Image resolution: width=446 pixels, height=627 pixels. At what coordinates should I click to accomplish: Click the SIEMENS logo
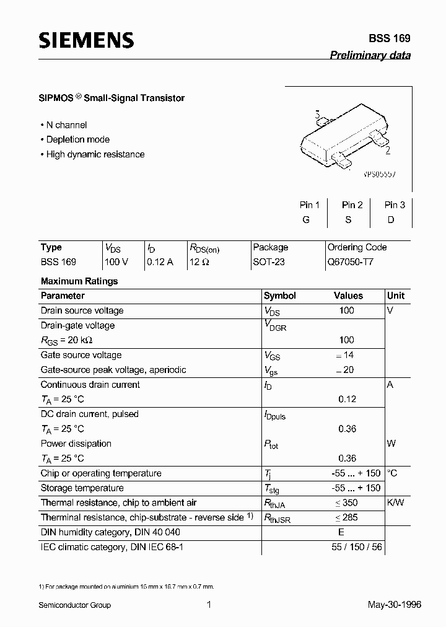point(86,40)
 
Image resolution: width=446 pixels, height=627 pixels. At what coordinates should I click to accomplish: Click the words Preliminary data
point(370,55)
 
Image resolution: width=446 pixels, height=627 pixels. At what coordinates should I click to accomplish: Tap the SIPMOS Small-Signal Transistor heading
point(112,98)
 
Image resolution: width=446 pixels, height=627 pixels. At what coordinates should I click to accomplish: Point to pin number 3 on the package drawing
point(317,115)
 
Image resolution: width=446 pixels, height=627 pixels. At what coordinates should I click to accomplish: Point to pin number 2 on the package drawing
point(387,150)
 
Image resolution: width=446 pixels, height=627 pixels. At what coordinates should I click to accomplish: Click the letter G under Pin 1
point(306,220)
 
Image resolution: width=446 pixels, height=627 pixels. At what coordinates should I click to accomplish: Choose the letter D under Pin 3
point(391,220)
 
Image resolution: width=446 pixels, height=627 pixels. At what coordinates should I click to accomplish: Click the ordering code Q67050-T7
point(351,262)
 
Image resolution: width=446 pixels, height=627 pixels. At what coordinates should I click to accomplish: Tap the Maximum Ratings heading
point(79,281)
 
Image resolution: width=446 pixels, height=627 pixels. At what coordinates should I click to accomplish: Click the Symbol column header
point(280,296)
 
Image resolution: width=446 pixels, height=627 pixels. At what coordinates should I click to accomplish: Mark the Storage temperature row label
point(82,488)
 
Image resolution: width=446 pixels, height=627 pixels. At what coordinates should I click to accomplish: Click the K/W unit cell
point(395,502)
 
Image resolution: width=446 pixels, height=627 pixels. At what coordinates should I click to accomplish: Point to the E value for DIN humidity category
point(341,532)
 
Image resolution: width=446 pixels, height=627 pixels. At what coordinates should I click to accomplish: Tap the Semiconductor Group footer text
point(76,605)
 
